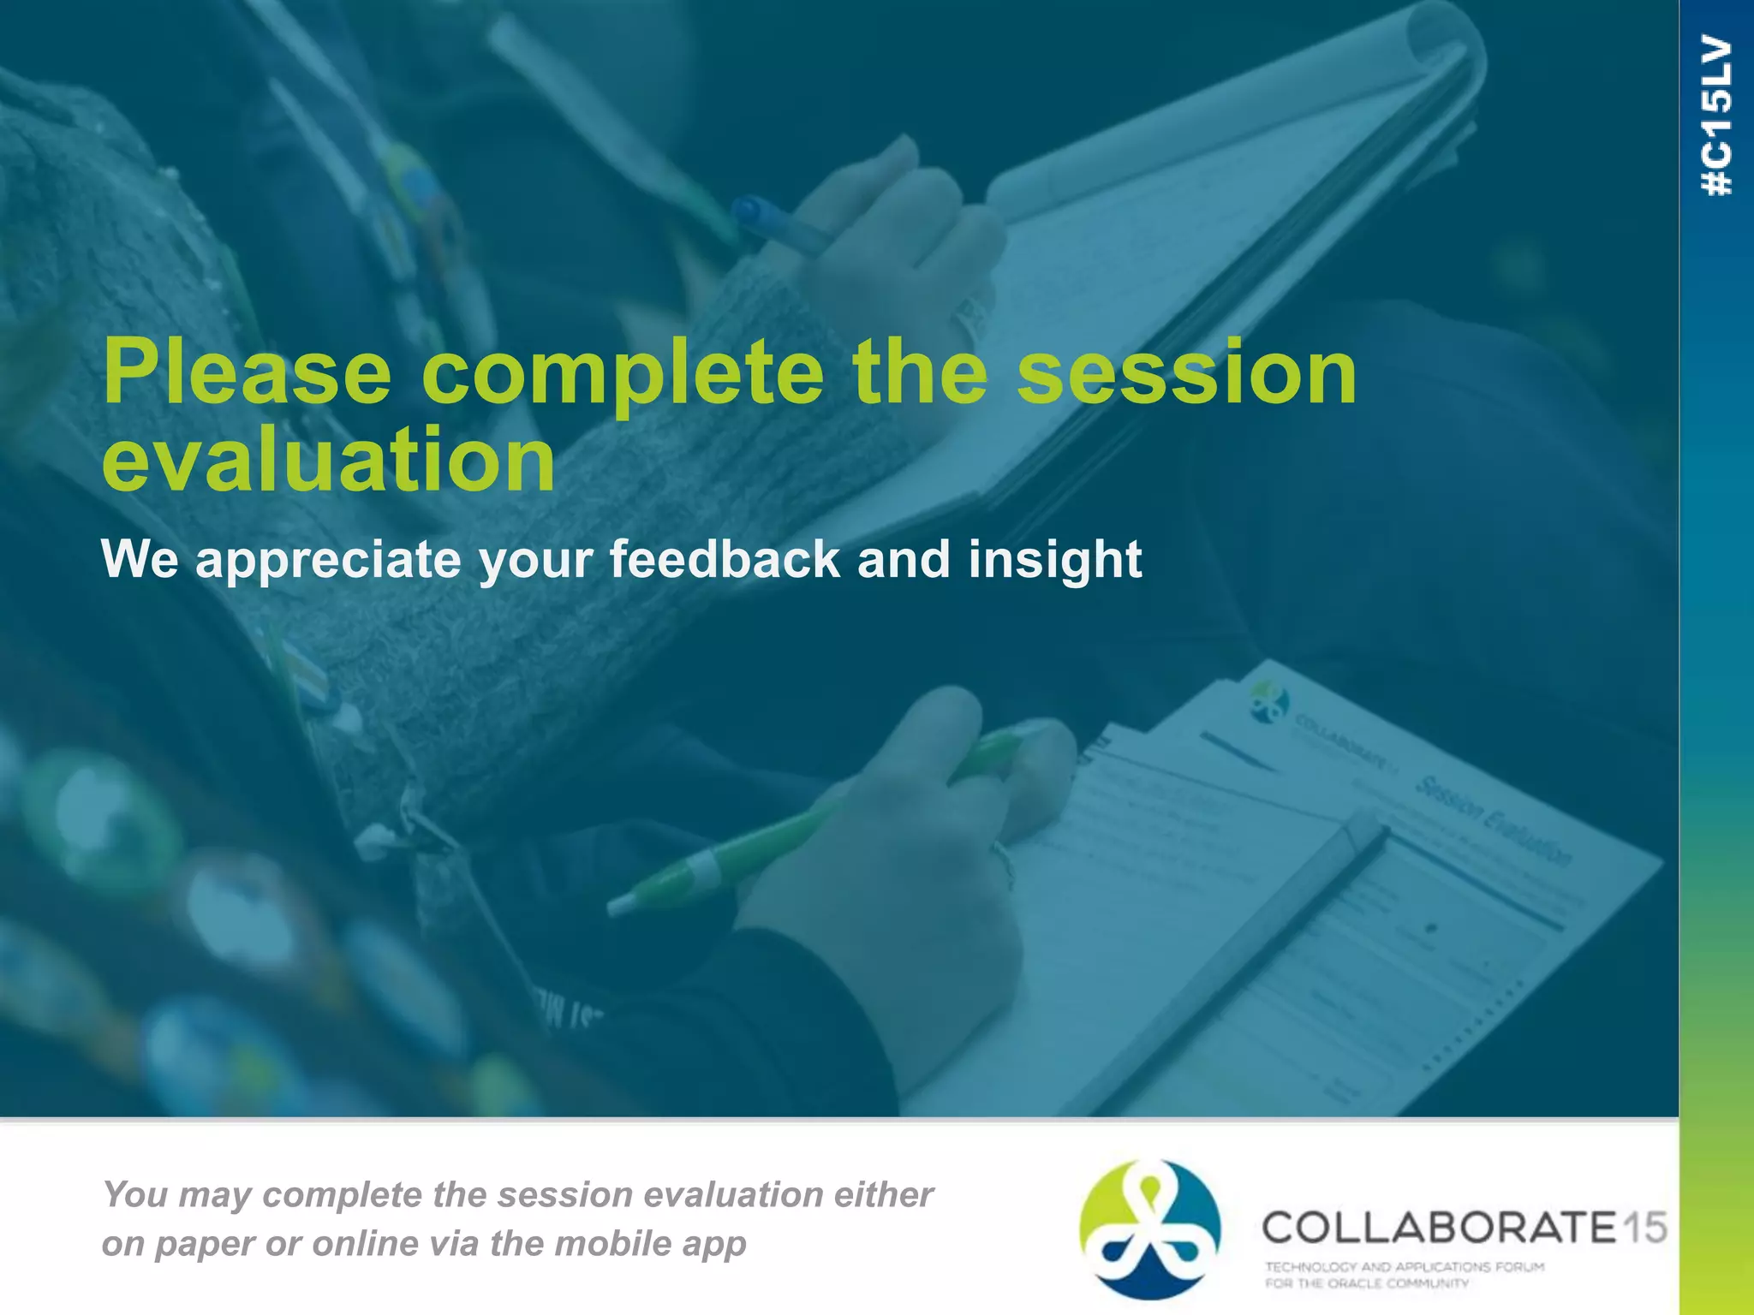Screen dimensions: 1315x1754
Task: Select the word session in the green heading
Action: [1186, 374]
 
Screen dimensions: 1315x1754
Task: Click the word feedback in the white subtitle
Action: [725, 559]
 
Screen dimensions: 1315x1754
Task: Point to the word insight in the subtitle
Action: [1055, 559]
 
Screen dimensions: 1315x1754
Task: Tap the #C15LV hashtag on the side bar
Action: [1717, 116]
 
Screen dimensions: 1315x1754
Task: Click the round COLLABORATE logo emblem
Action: [1149, 1229]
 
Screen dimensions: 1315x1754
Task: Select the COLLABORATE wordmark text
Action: [1439, 1227]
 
